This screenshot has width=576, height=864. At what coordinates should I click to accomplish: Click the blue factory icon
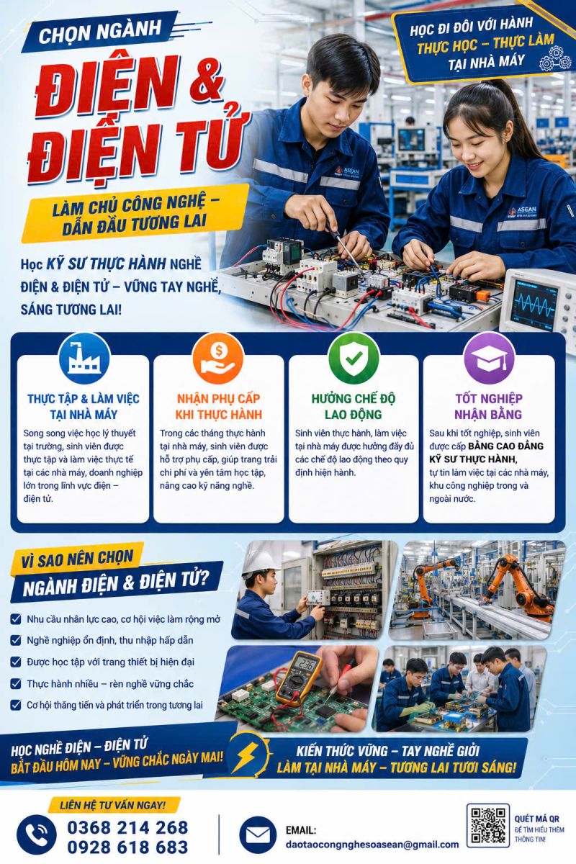tap(84, 359)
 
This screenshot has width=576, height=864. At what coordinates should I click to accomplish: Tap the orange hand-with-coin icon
tap(218, 359)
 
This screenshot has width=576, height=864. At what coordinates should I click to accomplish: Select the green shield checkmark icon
tap(354, 359)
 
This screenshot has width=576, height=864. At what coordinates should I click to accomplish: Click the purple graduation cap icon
tap(489, 359)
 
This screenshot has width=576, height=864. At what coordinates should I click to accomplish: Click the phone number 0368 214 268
tap(127, 828)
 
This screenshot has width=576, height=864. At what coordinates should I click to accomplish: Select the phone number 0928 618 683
tap(127, 847)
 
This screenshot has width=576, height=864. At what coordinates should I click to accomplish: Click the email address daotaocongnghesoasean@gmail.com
tap(372, 845)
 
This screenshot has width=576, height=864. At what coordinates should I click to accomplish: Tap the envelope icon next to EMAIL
tap(258, 834)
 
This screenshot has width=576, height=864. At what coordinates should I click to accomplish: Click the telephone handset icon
tap(36, 834)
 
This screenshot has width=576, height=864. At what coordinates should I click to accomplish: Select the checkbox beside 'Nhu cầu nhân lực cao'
tap(15, 618)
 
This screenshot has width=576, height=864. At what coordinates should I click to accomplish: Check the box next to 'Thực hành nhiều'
tap(15, 683)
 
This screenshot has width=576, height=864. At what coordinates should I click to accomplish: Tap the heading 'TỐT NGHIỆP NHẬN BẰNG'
tap(488, 406)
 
